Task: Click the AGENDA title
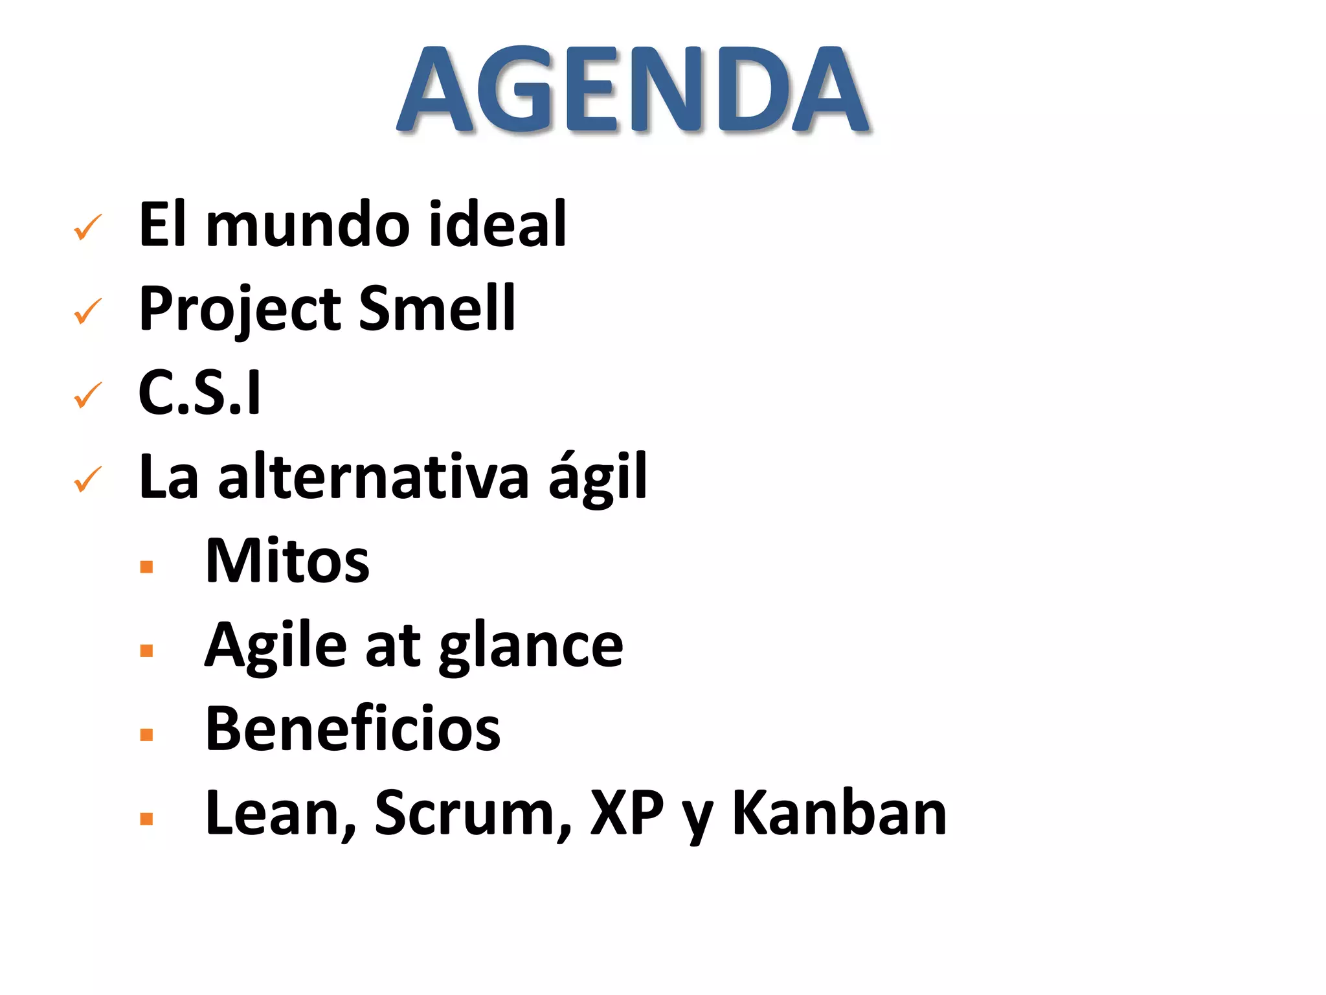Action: pyautogui.click(x=633, y=89)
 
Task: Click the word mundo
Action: pyautogui.click(x=308, y=224)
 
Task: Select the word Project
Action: pyautogui.click(x=240, y=310)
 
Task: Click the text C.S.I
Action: pyautogui.click(x=199, y=393)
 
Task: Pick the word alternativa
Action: pyautogui.click(x=374, y=477)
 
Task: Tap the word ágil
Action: pyautogui.click(x=597, y=477)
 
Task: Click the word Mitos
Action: pyautogui.click(x=287, y=561)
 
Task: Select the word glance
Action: pyautogui.click(x=531, y=646)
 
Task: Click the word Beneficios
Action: pyautogui.click(x=353, y=729)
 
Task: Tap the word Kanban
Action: pyautogui.click(x=839, y=814)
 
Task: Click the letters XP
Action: pyautogui.click(x=627, y=814)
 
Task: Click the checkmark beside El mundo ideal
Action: pyautogui.click(x=87, y=227)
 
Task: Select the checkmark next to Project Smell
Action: pyautogui.click(x=87, y=312)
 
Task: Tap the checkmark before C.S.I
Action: pyautogui.click(x=87, y=396)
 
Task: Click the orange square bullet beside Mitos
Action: pyautogui.click(x=146, y=567)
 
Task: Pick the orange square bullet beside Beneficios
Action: pyautogui.click(x=146, y=735)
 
